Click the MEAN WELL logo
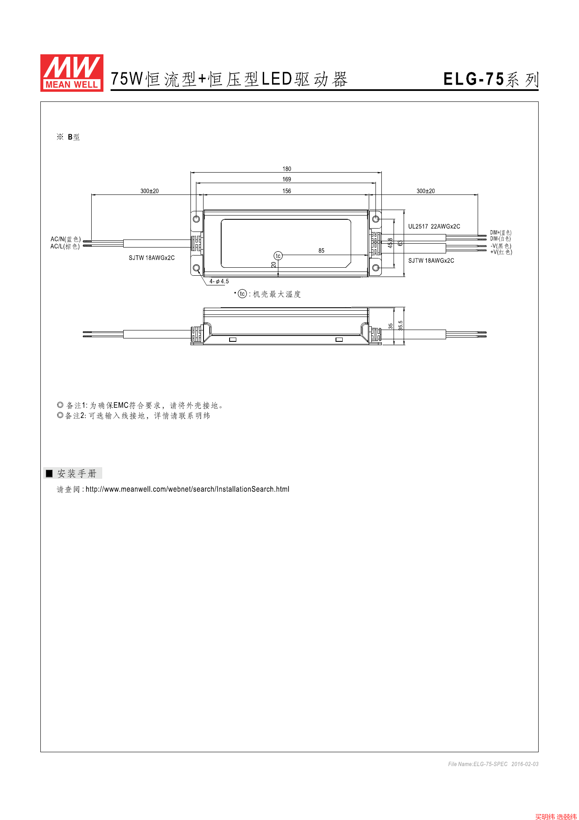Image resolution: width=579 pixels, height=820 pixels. [x=71, y=73]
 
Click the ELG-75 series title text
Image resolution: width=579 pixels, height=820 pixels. [x=490, y=79]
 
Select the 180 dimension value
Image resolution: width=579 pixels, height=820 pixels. [x=287, y=169]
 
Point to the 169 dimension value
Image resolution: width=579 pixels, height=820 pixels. [x=287, y=179]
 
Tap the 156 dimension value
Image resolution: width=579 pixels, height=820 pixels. [x=287, y=191]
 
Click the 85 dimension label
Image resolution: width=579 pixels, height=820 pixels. [x=321, y=251]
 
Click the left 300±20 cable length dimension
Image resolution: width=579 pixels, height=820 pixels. [x=149, y=191]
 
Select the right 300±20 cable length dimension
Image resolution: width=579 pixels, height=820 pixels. [x=426, y=191]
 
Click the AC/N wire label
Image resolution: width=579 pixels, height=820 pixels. [x=66, y=239]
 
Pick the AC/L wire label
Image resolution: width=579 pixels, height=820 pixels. [x=65, y=246]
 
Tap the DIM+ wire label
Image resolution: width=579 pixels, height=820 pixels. [x=500, y=233]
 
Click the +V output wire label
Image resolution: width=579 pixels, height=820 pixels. [x=501, y=252]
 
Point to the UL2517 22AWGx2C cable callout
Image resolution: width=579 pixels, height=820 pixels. [x=434, y=226]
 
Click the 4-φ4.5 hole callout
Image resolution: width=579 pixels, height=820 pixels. [x=219, y=282]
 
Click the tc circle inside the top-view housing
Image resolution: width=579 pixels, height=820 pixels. [x=278, y=256]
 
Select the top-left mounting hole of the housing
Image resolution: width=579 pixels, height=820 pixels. [x=196, y=219]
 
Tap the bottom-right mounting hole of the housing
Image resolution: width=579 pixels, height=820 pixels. [x=376, y=268]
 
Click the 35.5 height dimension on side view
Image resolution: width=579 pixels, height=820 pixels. [x=401, y=325]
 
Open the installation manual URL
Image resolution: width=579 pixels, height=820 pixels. [x=188, y=489]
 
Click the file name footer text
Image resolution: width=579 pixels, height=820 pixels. [x=493, y=764]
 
